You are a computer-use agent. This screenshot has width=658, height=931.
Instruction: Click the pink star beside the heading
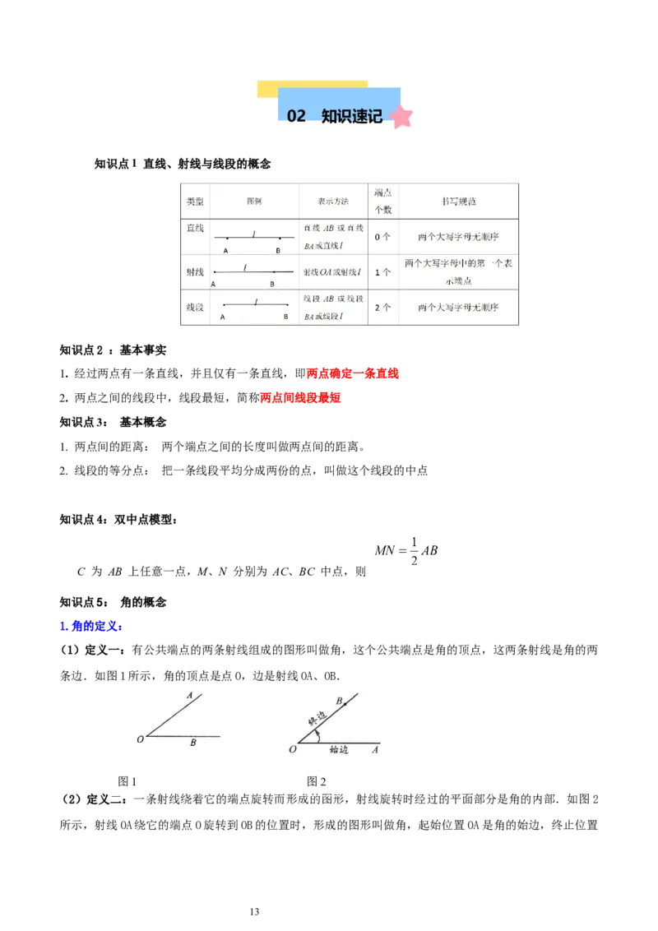pos(401,117)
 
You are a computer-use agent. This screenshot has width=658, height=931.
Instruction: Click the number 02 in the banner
pos(296,116)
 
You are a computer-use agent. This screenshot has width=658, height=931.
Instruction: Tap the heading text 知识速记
pos(352,116)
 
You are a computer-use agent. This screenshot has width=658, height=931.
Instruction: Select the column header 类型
pos(195,201)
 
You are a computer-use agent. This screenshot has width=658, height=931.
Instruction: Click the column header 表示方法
pos(333,201)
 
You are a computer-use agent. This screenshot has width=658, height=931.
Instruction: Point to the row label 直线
pos(195,228)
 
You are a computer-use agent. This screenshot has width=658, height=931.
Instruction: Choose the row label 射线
pos(195,270)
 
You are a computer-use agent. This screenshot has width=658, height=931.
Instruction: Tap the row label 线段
pos(195,307)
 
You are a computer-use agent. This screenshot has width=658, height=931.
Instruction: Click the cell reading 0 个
pos(382,237)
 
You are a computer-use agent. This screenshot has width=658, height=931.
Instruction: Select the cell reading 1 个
pos(382,271)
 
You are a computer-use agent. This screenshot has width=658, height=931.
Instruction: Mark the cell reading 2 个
pos(382,308)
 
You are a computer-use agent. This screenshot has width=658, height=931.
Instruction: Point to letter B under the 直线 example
pos(278,250)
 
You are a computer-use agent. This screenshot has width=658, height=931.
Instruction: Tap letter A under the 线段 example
pos(224,317)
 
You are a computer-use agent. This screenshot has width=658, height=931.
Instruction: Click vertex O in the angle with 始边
pos(291,748)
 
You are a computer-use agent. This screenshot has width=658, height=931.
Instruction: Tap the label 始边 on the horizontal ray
pos(338,749)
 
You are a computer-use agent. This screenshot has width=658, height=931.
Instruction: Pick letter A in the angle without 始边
pos(189,696)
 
